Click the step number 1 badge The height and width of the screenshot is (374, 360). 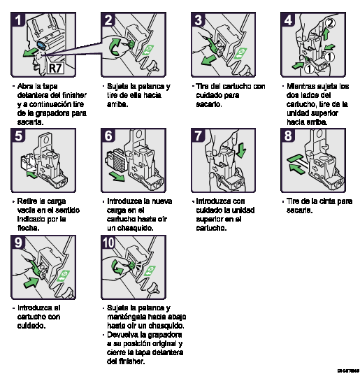[19, 20]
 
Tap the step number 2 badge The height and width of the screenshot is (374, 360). [109, 20]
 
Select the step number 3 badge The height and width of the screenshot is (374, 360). [199, 20]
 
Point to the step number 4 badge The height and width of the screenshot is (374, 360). [288, 20]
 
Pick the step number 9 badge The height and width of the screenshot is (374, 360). [19, 243]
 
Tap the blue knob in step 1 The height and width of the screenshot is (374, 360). [41, 45]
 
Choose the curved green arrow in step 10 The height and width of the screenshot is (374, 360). [119, 266]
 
